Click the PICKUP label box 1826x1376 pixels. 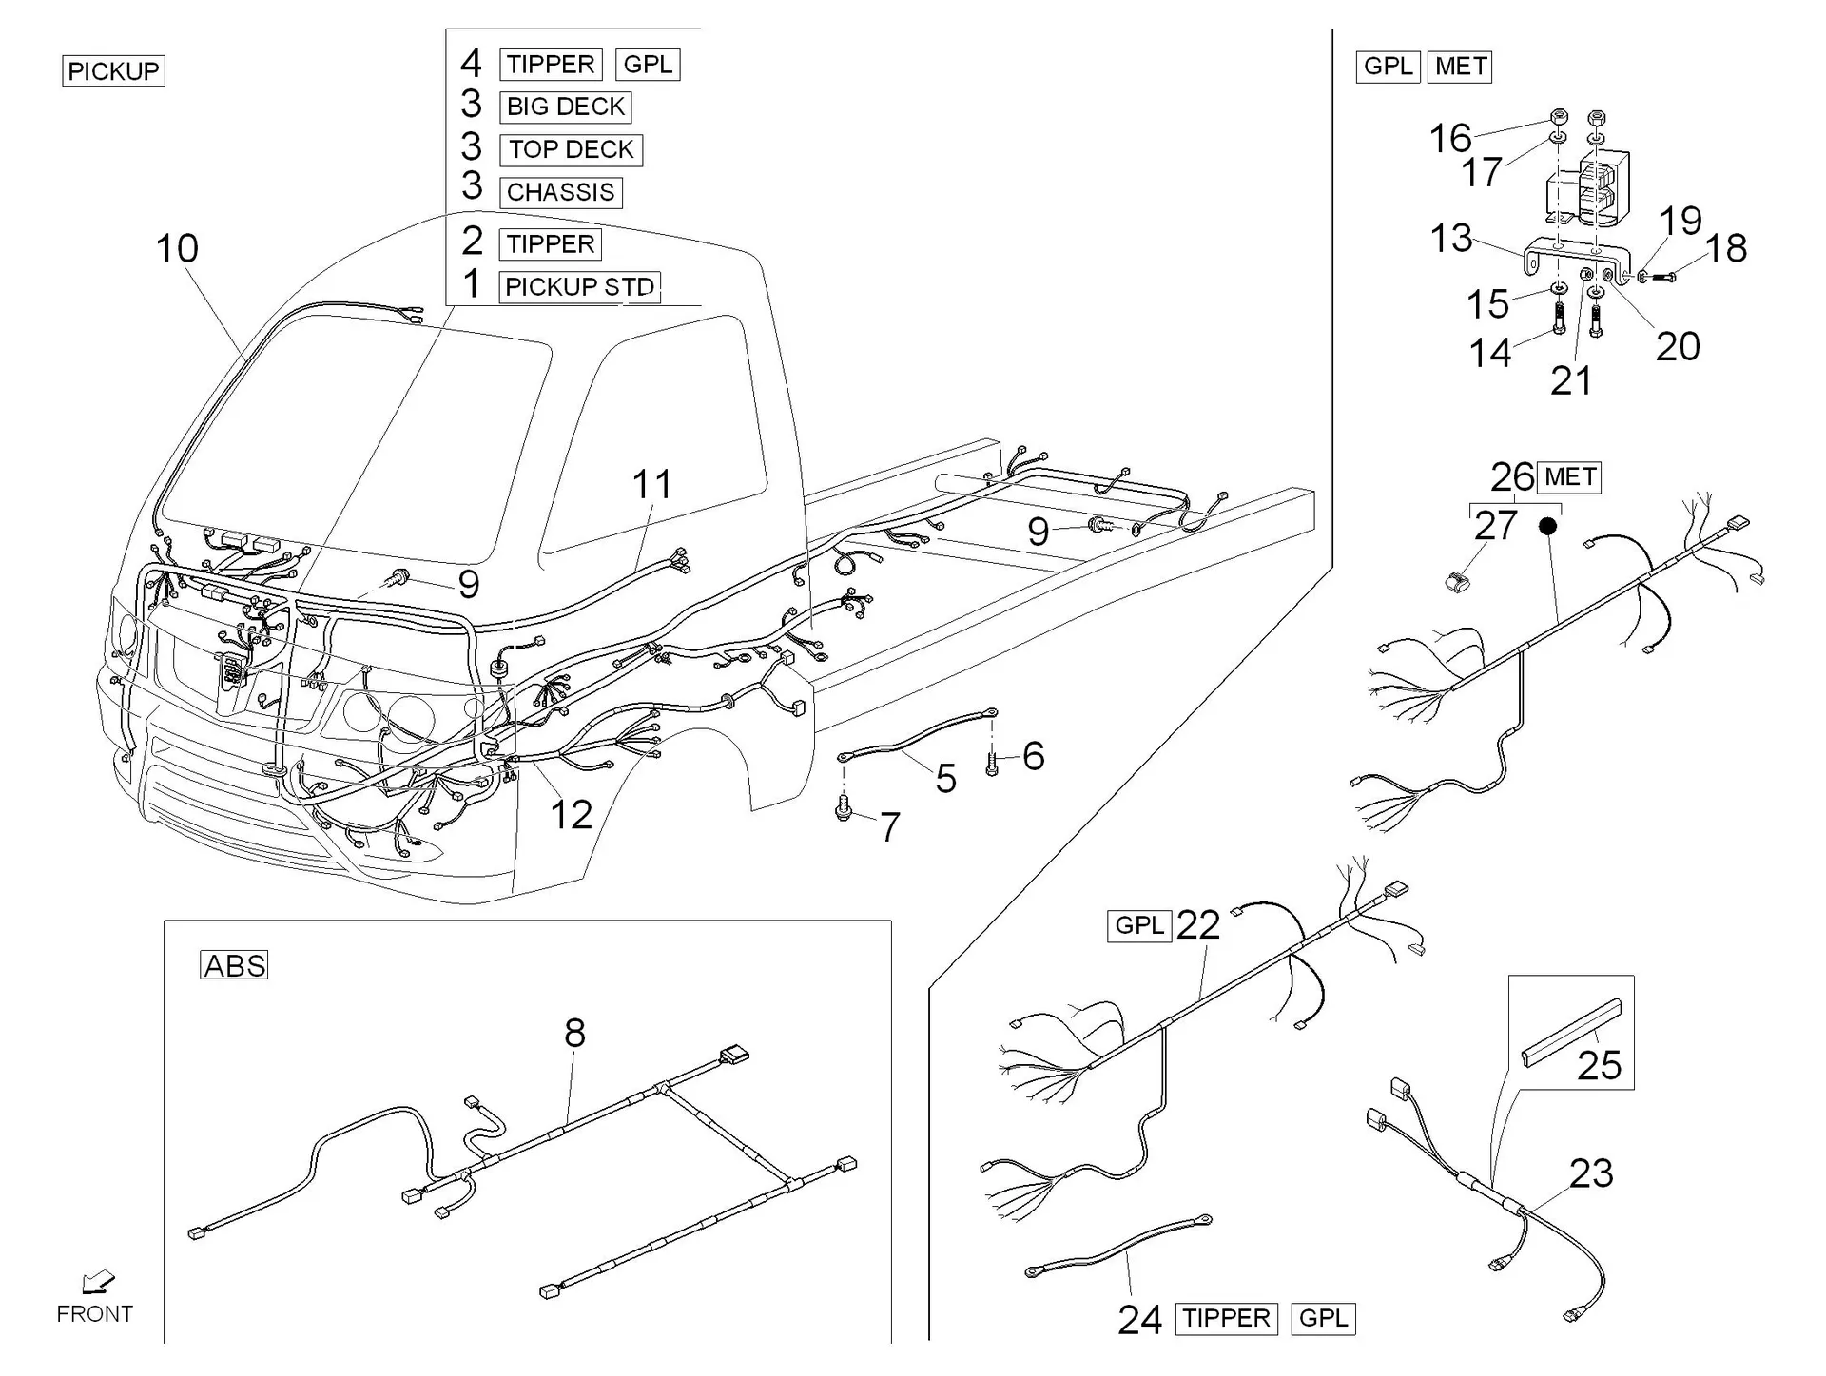click(113, 71)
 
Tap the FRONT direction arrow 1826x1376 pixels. click(98, 1283)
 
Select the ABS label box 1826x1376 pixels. click(235, 965)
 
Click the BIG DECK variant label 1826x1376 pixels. click(566, 107)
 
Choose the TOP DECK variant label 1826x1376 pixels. click(572, 149)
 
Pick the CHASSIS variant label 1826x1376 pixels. click(561, 192)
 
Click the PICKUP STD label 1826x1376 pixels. click(579, 286)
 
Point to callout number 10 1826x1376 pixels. click(177, 249)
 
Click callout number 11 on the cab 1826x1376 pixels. click(652, 485)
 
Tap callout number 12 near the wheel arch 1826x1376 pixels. click(572, 815)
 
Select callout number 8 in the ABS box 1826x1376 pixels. click(574, 1033)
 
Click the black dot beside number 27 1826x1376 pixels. click(1548, 525)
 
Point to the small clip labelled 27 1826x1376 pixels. click(1454, 581)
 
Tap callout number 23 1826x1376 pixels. click(1591, 1173)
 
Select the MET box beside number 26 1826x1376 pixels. click(1570, 476)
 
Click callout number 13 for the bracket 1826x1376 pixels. click(1451, 239)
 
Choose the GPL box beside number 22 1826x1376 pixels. click(1139, 925)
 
